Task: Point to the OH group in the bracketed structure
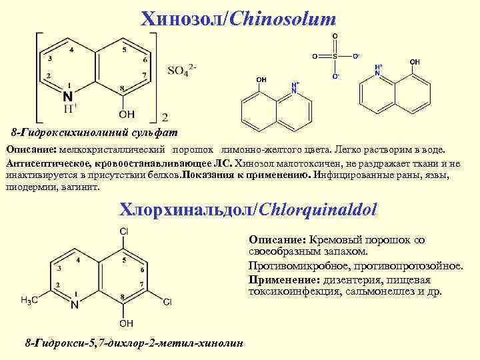[x=127, y=113]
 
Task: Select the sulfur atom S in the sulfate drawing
[x=335, y=56]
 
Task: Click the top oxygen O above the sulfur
[x=335, y=35]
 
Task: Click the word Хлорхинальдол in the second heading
[x=183, y=210]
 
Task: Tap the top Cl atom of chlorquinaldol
[x=124, y=231]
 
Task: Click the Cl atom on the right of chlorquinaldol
[x=167, y=302]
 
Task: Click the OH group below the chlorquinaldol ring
[x=126, y=323]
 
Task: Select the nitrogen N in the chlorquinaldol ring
[x=74, y=305]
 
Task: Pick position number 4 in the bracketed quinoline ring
[x=72, y=50]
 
